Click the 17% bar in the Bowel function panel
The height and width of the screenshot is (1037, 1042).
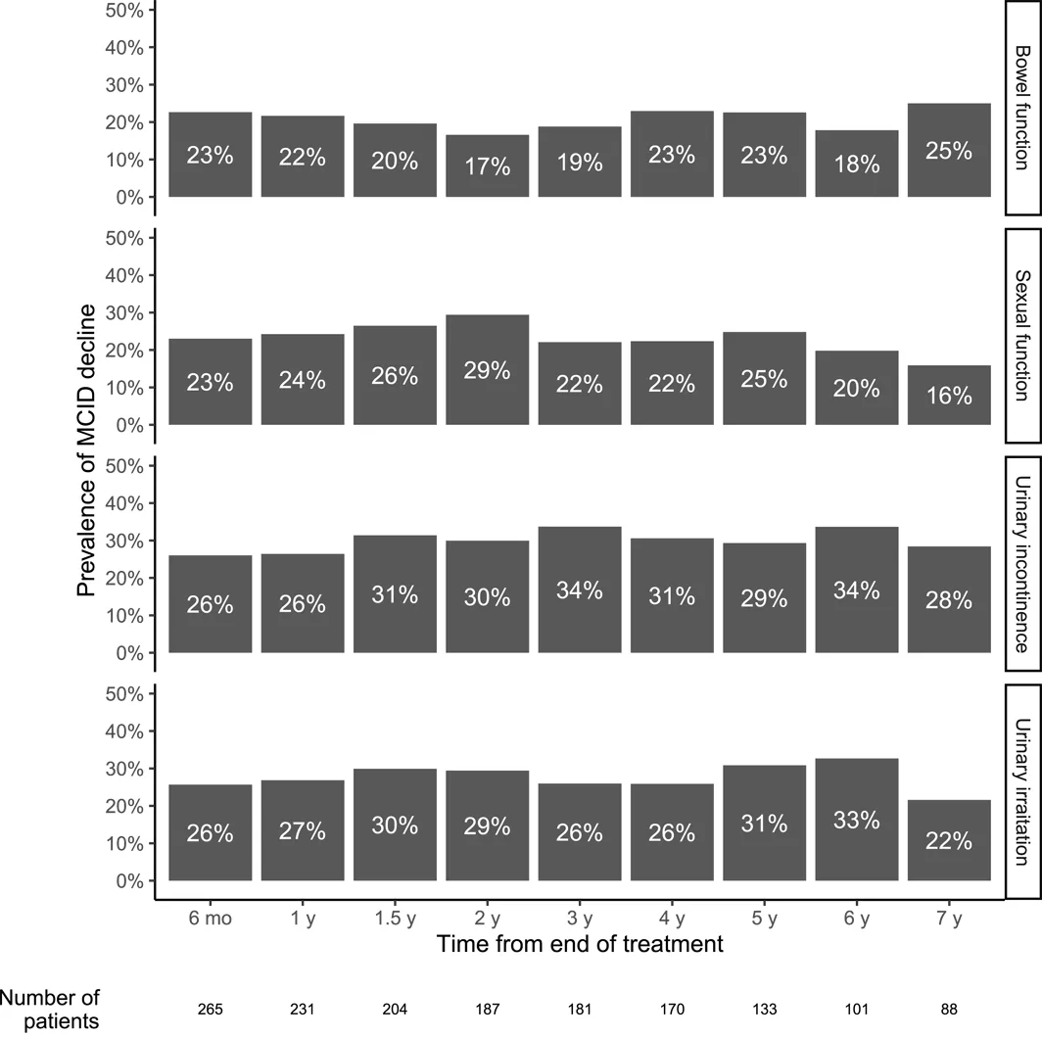pos(487,166)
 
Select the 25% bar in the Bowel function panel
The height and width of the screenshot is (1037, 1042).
pos(949,150)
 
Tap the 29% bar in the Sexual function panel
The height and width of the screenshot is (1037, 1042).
pos(487,369)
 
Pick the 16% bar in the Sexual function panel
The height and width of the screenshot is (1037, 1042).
pos(949,395)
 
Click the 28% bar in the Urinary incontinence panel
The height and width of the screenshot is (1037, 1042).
pos(949,599)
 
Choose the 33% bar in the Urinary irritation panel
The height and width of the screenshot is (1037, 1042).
pos(857,819)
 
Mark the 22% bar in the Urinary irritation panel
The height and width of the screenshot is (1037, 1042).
pos(949,840)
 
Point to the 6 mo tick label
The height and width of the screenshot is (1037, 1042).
pos(210,919)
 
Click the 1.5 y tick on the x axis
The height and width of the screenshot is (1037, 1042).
pos(395,919)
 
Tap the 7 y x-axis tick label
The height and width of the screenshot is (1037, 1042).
pos(949,919)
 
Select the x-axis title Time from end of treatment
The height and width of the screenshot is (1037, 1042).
pos(580,944)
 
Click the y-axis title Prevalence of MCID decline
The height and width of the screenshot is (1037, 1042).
pos(86,450)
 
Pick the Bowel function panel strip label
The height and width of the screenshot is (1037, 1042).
pos(1022,108)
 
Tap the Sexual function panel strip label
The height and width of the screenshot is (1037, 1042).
pos(1022,336)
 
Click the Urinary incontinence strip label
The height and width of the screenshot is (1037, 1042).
pos(1022,564)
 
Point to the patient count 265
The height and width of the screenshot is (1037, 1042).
pos(210,1010)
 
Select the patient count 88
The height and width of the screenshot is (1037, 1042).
pos(949,1010)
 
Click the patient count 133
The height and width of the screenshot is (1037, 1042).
pos(764,1010)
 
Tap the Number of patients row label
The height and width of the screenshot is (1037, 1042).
pos(50,1010)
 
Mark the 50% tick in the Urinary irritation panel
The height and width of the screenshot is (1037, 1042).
pos(124,694)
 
